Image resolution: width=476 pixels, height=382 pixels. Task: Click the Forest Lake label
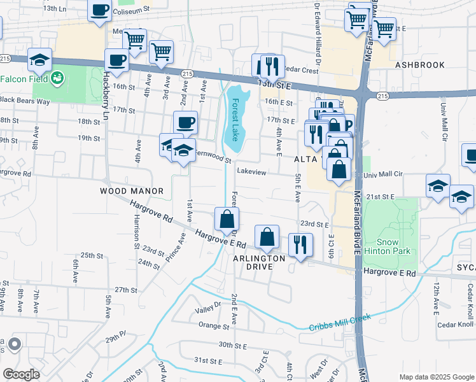click(235, 119)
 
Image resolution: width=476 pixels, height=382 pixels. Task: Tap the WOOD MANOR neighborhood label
click(132, 191)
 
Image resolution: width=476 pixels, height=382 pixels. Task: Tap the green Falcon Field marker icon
click(57, 78)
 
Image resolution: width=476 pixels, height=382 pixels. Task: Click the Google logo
click(21, 374)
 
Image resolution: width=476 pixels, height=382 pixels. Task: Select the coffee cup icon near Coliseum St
click(99, 11)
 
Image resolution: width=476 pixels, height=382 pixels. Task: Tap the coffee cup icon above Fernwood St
click(185, 122)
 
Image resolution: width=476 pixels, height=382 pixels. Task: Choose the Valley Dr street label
click(207, 310)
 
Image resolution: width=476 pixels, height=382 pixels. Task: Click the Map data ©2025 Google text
click(436, 377)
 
